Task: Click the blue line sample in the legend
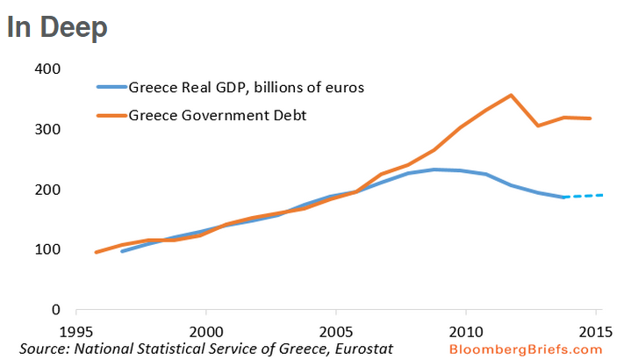(x=111, y=88)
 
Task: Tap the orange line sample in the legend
(x=111, y=115)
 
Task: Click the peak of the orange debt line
(x=511, y=95)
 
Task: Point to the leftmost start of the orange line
(x=96, y=252)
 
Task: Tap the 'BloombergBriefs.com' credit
(x=524, y=349)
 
